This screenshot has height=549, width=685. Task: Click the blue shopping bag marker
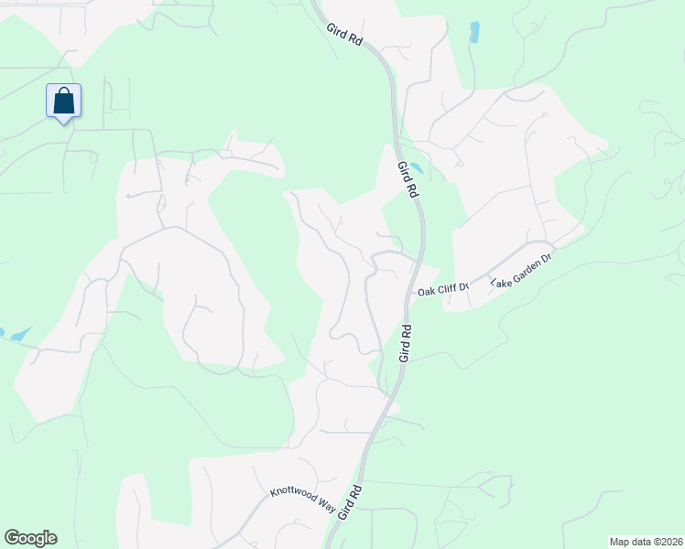tap(63, 101)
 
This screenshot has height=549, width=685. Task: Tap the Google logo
tap(30, 538)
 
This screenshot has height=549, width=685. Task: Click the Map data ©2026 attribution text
tap(646, 542)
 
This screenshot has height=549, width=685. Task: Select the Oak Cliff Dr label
tap(443, 290)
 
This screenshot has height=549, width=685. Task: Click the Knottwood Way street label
tap(303, 500)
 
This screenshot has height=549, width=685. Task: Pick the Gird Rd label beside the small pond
tap(408, 179)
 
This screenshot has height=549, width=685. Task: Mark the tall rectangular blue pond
tap(474, 32)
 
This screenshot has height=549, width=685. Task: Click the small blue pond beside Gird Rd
tap(415, 167)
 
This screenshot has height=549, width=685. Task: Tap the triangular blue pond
tap(17, 335)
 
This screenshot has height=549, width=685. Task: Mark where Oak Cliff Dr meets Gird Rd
tap(412, 291)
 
